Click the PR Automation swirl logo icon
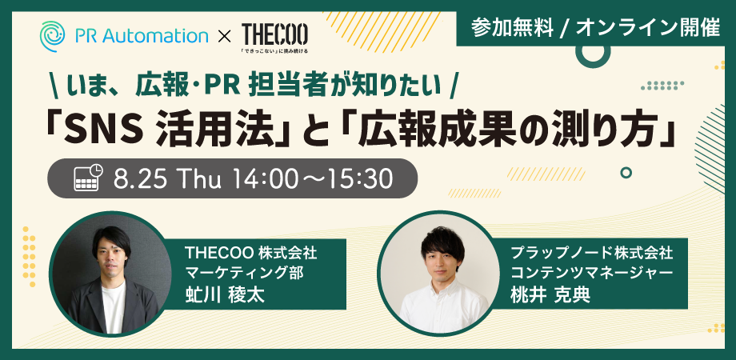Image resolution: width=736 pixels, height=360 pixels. click(x=52, y=36)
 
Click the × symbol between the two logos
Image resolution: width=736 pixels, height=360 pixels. click(x=225, y=37)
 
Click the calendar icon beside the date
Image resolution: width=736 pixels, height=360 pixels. click(x=89, y=178)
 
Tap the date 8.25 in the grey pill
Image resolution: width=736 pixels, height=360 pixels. click(x=139, y=178)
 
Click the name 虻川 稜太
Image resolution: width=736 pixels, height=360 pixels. click(x=225, y=294)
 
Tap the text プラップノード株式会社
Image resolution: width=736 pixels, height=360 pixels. click(x=592, y=254)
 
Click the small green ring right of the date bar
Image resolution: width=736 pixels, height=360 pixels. click(x=626, y=173)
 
